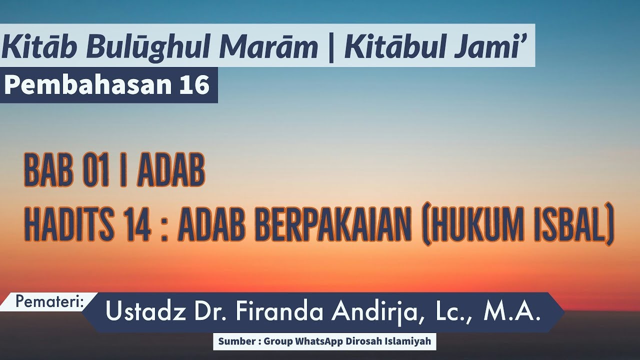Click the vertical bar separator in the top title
331,47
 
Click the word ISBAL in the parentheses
572,227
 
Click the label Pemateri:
49,301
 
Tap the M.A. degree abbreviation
512,312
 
